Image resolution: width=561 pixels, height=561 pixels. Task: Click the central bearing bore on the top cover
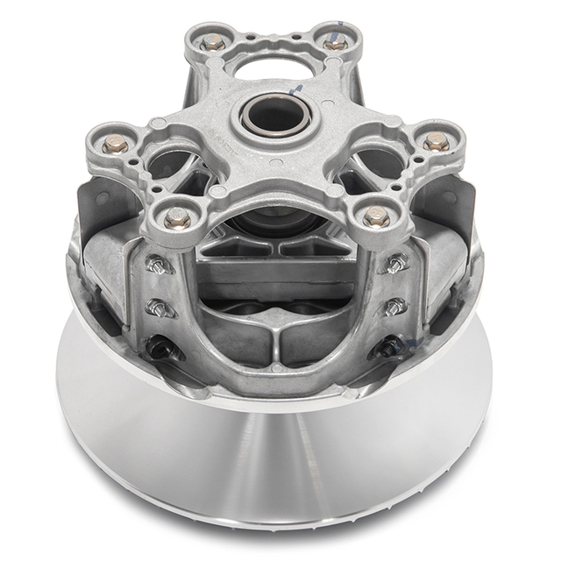(274, 115)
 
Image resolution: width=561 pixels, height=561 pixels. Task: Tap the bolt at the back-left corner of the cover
(213, 41)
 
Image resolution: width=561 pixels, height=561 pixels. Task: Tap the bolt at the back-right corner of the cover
(336, 42)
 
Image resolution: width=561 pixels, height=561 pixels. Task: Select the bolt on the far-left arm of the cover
(115, 144)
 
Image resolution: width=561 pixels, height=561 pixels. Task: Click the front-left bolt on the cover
(177, 217)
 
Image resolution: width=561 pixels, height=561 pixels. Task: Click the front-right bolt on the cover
(377, 215)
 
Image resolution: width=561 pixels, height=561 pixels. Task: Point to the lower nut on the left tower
(159, 306)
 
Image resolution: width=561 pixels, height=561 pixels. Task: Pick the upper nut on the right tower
(396, 261)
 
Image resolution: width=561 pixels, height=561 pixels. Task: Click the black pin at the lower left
(159, 349)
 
